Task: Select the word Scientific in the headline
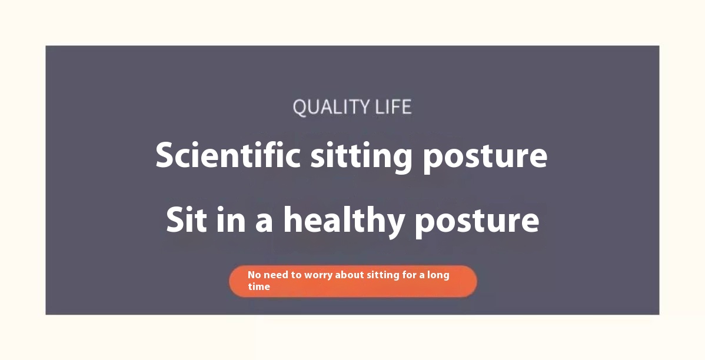pos(228,155)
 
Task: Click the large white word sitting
pos(361,157)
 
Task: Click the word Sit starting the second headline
pos(187,220)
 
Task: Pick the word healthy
pos(344,221)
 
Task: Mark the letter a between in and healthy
pos(264,224)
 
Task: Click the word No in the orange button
pos(254,275)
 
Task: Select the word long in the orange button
pos(438,275)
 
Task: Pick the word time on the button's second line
pos(259,286)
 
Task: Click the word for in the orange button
pos(410,275)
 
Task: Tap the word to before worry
pos(296,275)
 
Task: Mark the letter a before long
pos(422,275)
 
